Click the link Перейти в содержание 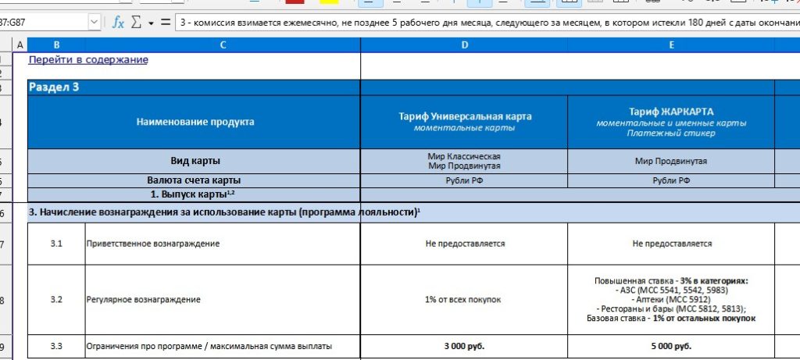[x=88, y=59]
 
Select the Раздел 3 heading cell [x=54, y=87]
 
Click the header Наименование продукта [x=195, y=122]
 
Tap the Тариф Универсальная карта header [x=465, y=116]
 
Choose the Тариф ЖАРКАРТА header [x=671, y=112]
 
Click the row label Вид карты [x=195, y=161]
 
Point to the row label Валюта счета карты [x=195, y=180]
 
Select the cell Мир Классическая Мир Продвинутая [x=465, y=161]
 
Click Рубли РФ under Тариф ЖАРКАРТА [x=671, y=180]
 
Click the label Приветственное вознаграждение [x=152, y=244]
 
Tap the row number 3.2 [x=56, y=299]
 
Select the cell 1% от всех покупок [x=465, y=299]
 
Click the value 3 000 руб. [x=465, y=345]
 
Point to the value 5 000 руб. [x=671, y=345]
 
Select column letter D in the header [x=465, y=45]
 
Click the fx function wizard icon [x=118, y=23]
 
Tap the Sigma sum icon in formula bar [x=136, y=23]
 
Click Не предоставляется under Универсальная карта [x=465, y=244]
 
